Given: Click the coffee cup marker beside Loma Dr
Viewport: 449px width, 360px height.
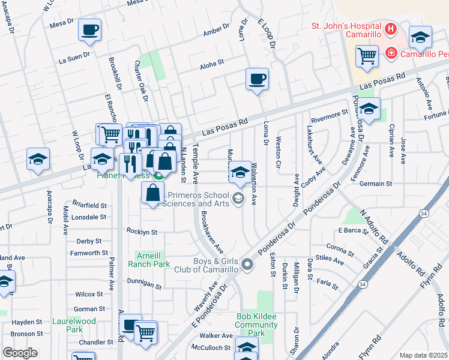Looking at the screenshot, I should (x=257, y=79).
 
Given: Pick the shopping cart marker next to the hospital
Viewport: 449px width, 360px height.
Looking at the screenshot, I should (x=367, y=57).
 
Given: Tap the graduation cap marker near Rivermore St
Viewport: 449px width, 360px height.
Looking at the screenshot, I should (x=369, y=109).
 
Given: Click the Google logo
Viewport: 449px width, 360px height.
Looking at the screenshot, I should (x=20, y=353).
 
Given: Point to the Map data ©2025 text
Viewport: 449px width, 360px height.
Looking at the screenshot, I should (x=423, y=355).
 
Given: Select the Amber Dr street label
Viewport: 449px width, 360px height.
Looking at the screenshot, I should (x=216, y=30).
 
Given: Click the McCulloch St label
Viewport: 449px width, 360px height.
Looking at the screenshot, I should (x=211, y=347).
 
